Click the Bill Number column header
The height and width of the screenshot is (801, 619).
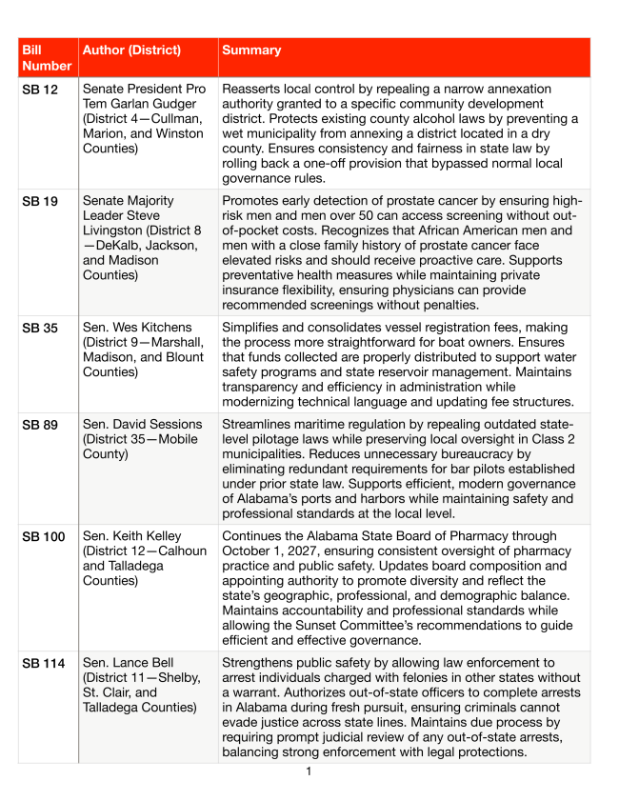47,57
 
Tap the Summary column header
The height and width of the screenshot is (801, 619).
251,50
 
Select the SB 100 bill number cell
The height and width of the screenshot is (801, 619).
43,536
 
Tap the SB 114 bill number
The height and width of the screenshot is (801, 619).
43,662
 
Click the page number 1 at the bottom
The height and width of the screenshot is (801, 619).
309,771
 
